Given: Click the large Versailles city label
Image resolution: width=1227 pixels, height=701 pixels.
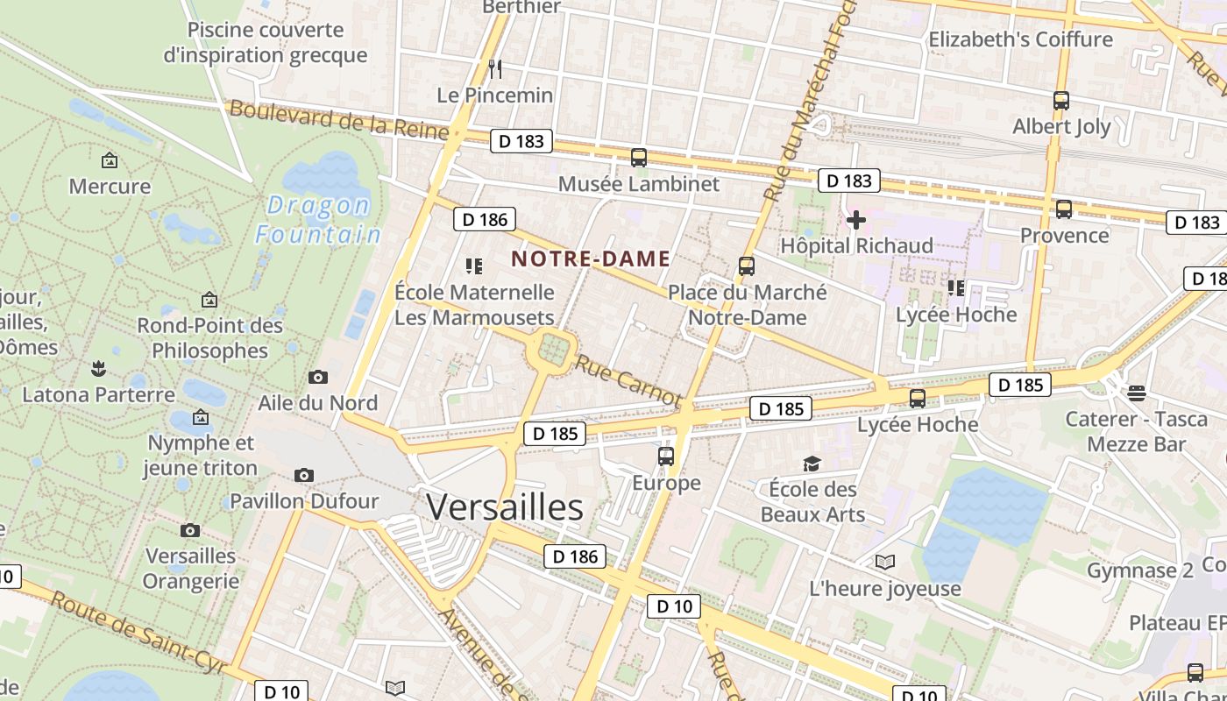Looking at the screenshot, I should click(505, 507).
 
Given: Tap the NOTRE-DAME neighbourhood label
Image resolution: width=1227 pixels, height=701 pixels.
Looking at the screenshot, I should click(591, 258).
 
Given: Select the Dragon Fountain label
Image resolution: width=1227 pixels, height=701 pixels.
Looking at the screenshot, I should click(318, 220).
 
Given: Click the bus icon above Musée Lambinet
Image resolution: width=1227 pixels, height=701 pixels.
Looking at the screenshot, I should click(639, 158).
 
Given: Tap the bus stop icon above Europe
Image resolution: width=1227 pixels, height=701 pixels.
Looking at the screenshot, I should click(666, 457).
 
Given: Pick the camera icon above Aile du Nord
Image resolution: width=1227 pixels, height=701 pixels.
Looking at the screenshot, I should click(318, 377).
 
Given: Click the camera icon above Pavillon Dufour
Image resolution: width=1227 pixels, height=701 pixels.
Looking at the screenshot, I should click(304, 475).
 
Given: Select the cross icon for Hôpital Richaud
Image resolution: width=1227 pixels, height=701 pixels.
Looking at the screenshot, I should click(856, 219).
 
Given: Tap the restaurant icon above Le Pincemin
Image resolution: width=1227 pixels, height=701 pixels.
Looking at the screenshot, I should click(495, 68).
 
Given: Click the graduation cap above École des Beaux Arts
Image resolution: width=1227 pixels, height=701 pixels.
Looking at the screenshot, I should click(812, 463).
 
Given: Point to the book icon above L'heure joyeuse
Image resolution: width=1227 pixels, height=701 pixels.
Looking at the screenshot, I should click(885, 562).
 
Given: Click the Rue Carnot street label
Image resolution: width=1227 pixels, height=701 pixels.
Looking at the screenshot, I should click(628, 380).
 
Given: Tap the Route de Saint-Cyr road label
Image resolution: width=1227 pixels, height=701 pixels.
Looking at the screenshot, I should click(137, 636).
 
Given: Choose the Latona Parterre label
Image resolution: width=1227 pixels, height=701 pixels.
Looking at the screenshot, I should click(98, 394).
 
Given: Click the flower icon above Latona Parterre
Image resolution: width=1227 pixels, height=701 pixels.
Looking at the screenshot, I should click(98, 368).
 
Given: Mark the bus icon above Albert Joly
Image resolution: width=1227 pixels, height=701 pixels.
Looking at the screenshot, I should click(1061, 100).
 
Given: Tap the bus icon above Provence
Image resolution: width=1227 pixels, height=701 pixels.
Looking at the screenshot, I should click(1064, 209).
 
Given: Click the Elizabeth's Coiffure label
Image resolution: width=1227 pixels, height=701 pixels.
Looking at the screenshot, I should click(1020, 39).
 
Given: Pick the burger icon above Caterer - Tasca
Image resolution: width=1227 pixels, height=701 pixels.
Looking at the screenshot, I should click(1137, 393).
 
